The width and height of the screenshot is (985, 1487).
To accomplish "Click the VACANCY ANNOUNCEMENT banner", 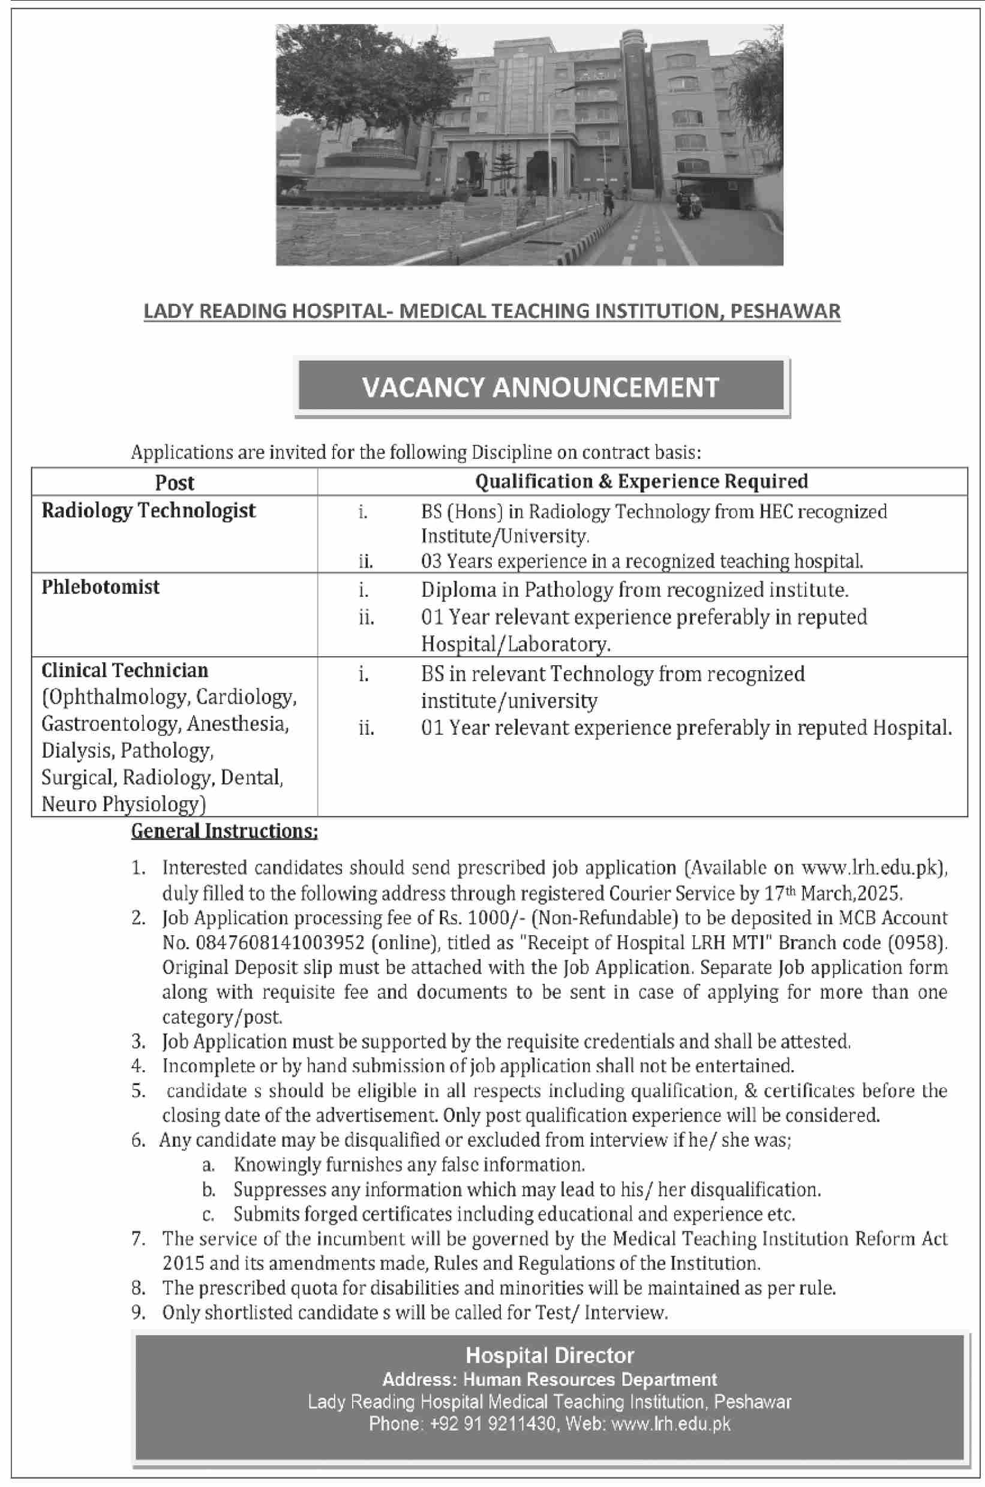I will point(541,387).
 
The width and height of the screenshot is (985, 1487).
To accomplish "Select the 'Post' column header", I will point(175,482).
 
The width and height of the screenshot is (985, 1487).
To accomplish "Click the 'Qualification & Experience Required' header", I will point(641,482).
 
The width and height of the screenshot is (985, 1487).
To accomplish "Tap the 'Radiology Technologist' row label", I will point(149,510).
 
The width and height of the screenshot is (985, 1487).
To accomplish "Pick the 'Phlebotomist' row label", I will point(101,587).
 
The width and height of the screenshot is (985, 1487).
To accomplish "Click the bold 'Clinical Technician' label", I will point(124,671).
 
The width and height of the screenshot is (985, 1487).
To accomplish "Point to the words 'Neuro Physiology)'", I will point(124,804).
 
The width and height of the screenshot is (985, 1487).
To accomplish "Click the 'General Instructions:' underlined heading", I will point(224,831).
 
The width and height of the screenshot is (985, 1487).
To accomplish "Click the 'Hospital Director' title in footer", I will point(549,1355).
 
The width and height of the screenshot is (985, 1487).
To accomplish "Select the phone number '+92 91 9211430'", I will point(494,1423).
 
